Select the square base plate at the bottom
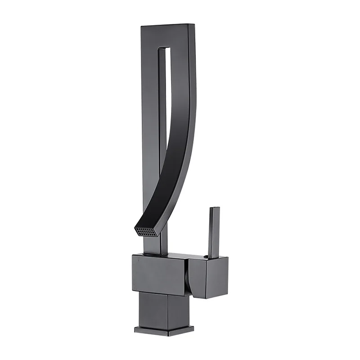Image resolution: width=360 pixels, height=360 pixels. [164, 330]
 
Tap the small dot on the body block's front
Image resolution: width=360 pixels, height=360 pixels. [139, 261]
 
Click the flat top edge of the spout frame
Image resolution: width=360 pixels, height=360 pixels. [164, 25]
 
